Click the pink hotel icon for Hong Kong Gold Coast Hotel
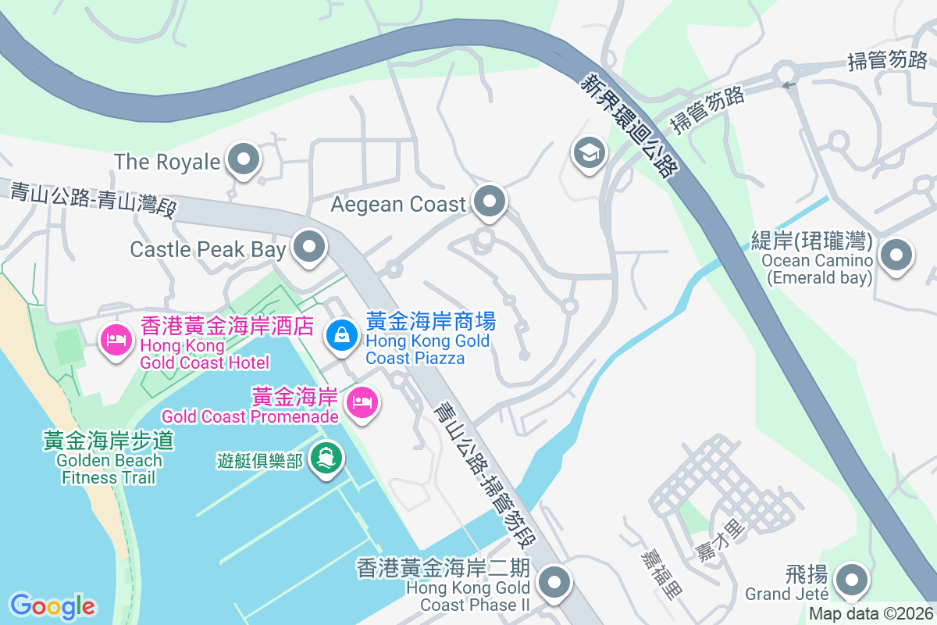pyautogui.click(x=116, y=338)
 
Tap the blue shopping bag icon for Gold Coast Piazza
pyautogui.click(x=342, y=335)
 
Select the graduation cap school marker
pyautogui.click(x=590, y=152)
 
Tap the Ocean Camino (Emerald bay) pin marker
pyautogui.click(x=896, y=255)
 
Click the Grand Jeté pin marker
pyautogui.click(x=851, y=580)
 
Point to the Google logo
pyautogui.click(x=52, y=606)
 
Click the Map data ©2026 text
pyautogui.click(x=871, y=614)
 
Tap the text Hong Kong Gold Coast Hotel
pyautogui.click(x=205, y=353)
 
